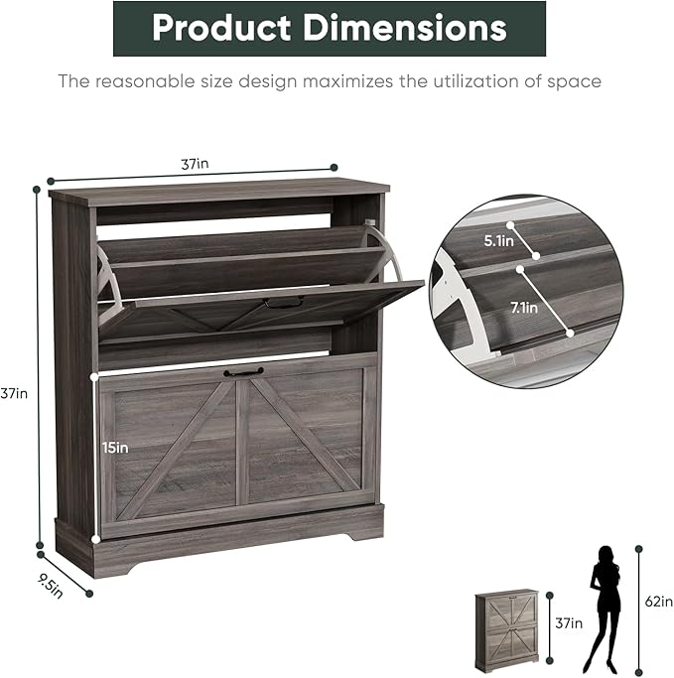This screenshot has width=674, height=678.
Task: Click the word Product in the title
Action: pyautogui.click(x=221, y=28)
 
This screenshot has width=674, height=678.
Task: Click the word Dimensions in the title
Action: pyautogui.click(x=404, y=28)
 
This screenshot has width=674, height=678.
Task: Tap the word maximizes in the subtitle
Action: pyautogui.click(x=347, y=81)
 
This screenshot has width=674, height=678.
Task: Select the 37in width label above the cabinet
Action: pyautogui.click(x=195, y=164)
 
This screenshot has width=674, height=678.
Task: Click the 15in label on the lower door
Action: pyautogui.click(x=115, y=448)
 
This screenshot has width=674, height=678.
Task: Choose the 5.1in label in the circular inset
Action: pyautogui.click(x=499, y=241)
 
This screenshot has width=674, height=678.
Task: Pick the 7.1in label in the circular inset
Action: pyautogui.click(x=524, y=308)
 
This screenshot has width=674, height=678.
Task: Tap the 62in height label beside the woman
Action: pyautogui.click(x=659, y=602)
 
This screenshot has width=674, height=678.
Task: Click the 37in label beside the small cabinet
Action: pyautogui.click(x=569, y=623)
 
